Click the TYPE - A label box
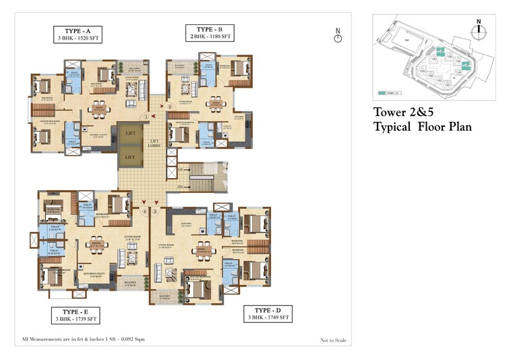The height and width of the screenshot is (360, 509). click(x=79, y=35)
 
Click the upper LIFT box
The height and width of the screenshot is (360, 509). click(x=129, y=133)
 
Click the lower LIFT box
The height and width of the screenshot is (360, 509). click(x=129, y=157)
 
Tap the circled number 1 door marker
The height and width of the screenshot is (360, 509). click(x=146, y=116)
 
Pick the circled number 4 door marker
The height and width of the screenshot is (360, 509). click(x=145, y=212)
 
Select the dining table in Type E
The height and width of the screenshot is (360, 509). click(x=96, y=243)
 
